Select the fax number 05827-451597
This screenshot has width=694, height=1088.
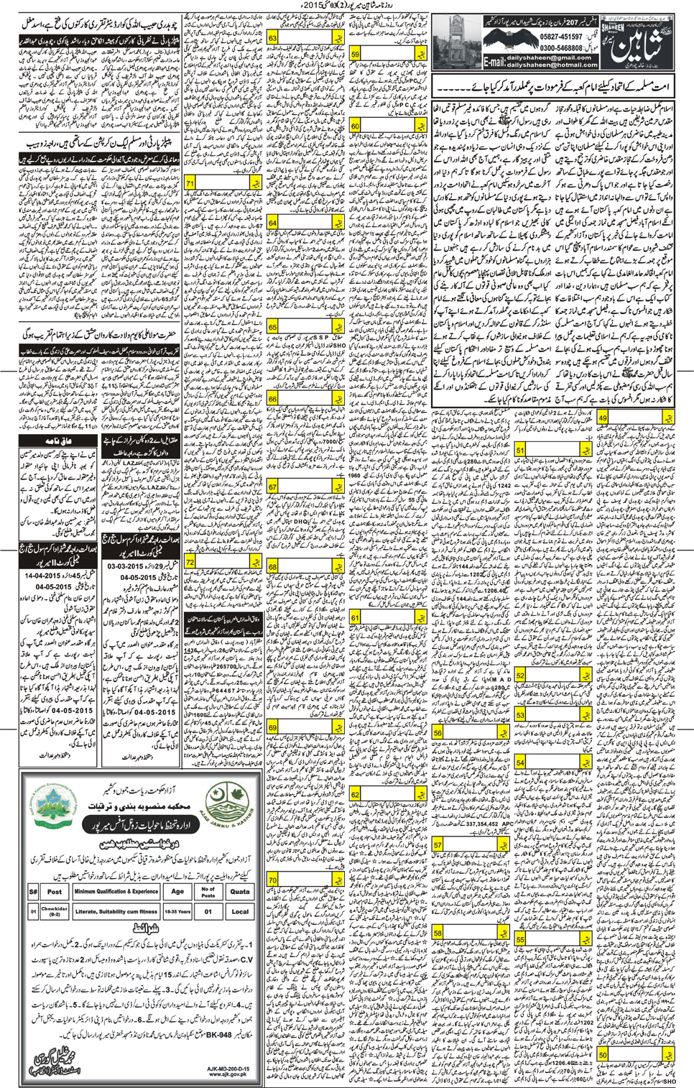pos(561,37)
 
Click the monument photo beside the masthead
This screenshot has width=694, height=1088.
pos(457,42)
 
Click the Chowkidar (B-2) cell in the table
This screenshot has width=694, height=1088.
pos(55,911)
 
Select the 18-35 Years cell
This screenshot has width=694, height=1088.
pos(177,911)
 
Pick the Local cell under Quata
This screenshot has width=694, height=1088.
pos(239,911)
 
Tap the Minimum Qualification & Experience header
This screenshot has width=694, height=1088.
pos(116,891)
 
